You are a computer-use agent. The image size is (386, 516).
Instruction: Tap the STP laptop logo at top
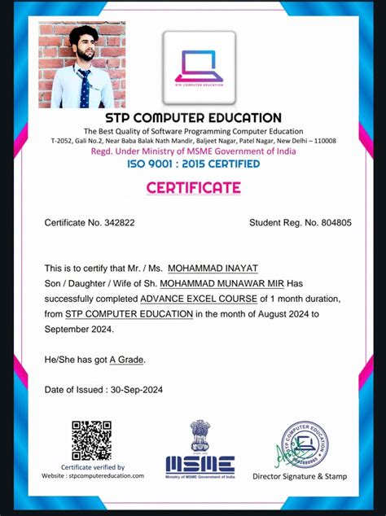[x=199, y=67]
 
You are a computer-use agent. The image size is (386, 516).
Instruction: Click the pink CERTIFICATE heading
[x=193, y=188]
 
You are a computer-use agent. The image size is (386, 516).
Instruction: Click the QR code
[x=91, y=441]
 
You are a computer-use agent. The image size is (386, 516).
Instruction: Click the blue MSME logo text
[x=200, y=465]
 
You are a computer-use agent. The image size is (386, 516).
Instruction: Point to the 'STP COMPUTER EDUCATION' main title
[x=193, y=118]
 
